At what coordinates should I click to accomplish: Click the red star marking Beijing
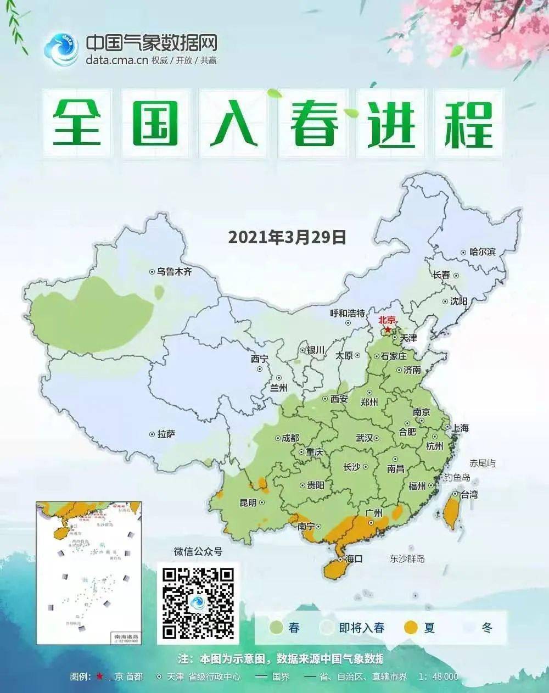click(x=388, y=329)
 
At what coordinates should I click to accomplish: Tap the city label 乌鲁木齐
click(x=174, y=271)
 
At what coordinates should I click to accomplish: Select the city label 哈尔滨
click(x=482, y=252)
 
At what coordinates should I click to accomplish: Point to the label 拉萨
click(x=166, y=434)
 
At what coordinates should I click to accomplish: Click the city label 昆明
click(x=248, y=502)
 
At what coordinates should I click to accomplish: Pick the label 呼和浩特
click(x=347, y=313)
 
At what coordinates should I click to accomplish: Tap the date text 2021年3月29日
click(x=287, y=237)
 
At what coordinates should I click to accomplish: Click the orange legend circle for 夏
click(x=411, y=628)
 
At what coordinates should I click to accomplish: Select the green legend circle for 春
click(x=276, y=628)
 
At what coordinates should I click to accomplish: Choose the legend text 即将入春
click(x=362, y=628)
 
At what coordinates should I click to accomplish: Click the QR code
click(x=199, y=602)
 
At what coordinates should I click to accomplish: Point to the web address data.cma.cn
click(x=117, y=60)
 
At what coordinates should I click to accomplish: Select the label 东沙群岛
click(x=407, y=559)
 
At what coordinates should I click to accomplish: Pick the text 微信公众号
click(x=198, y=551)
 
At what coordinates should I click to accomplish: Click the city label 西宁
click(x=260, y=359)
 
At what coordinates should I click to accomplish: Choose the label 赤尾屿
click(x=482, y=463)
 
